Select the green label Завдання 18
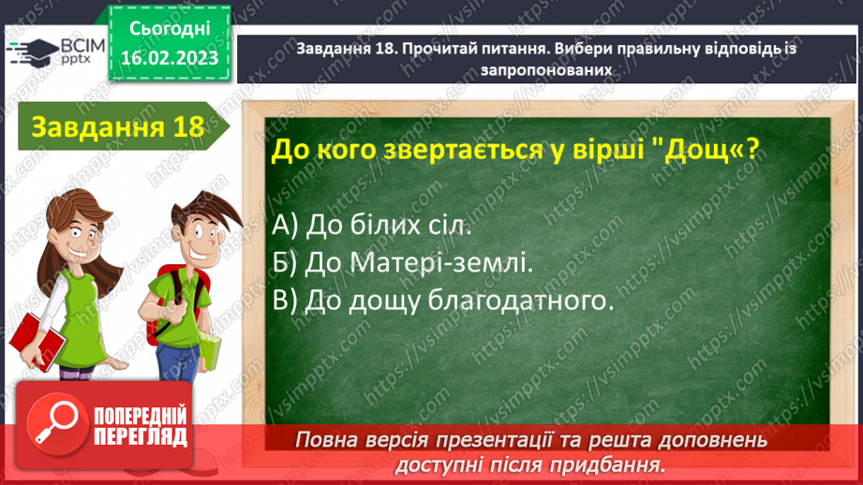(x=117, y=126)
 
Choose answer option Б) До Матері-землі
(x=404, y=263)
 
